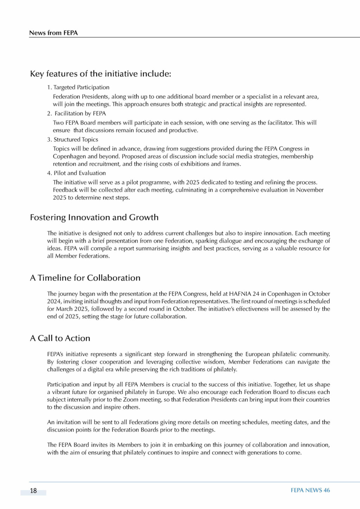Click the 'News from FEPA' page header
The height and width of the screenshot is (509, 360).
(53, 33)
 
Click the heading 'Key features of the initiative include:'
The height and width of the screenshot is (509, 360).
(101, 74)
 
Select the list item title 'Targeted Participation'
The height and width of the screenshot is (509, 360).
(81, 87)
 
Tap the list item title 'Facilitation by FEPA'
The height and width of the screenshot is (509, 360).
(80, 114)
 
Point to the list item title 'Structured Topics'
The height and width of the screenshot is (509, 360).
(76, 140)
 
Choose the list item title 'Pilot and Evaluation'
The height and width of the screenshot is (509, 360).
(79, 173)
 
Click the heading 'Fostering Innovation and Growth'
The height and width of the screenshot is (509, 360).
(94, 217)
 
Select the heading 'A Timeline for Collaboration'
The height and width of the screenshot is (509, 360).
(85, 278)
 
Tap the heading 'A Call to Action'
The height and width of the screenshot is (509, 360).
(60, 338)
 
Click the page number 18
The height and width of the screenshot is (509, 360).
(33, 491)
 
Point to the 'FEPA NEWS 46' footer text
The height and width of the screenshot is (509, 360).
(310, 490)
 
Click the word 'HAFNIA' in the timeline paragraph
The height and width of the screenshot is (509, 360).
(240, 294)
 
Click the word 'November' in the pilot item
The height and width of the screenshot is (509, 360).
(310, 190)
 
